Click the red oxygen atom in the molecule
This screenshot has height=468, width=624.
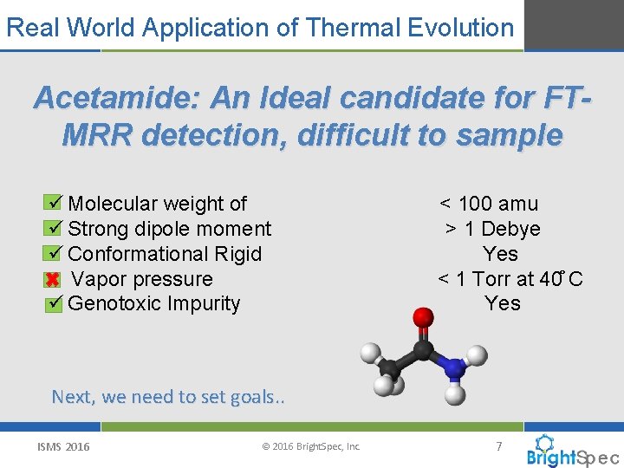point(423,318)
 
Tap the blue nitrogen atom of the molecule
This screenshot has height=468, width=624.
point(454,368)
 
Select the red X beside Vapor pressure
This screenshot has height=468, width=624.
point(53,280)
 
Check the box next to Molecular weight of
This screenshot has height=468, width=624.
point(53,204)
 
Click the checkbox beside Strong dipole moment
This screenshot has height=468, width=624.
point(53,229)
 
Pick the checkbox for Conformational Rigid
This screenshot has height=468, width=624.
point(53,254)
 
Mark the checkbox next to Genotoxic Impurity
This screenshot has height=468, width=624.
point(53,304)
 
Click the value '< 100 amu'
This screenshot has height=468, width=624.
point(489,204)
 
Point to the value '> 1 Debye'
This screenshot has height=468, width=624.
point(492,229)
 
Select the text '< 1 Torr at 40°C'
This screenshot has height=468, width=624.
point(510,279)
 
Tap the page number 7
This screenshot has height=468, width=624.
point(498,446)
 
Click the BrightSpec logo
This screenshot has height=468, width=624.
point(572,452)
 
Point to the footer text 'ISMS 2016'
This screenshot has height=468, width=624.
point(63,447)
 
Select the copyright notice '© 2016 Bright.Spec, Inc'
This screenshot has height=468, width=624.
point(310,447)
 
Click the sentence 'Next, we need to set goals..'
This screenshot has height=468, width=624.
point(168,397)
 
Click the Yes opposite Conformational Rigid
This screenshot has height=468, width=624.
point(501,254)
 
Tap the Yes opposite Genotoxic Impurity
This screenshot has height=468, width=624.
point(503,303)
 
